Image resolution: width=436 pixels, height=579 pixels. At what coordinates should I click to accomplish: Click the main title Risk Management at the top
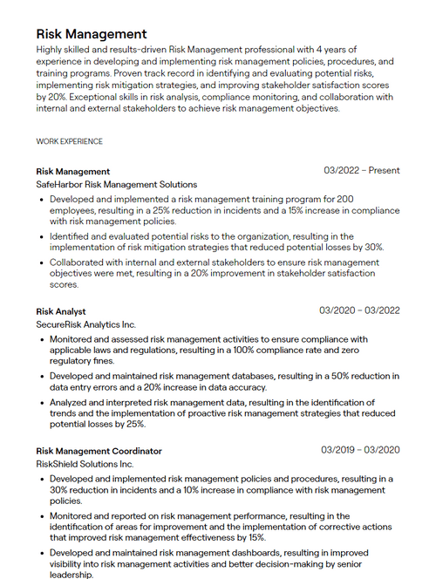(x=92, y=33)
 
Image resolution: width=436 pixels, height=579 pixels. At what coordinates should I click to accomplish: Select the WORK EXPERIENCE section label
(x=69, y=141)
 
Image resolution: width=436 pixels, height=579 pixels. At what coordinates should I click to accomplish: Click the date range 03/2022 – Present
(x=361, y=171)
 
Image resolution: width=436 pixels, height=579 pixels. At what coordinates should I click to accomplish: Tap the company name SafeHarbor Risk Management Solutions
(x=117, y=185)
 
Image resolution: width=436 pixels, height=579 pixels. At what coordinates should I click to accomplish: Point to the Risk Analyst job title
(x=61, y=311)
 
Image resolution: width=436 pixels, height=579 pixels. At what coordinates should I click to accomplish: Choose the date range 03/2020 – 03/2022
(x=359, y=310)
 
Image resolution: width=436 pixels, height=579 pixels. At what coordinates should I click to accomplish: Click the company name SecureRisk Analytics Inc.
(x=86, y=324)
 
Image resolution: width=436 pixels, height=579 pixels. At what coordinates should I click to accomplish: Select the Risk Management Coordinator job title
(x=99, y=451)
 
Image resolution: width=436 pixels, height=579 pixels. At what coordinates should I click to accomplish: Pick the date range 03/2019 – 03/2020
(x=360, y=450)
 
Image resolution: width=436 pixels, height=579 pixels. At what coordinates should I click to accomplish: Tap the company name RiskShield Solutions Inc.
(x=85, y=464)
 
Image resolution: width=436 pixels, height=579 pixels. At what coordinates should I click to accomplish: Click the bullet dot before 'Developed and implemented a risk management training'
(x=42, y=200)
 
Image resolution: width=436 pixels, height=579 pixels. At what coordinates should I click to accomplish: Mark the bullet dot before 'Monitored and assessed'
(x=42, y=340)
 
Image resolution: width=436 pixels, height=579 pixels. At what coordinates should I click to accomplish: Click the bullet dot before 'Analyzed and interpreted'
(x=42, y=403)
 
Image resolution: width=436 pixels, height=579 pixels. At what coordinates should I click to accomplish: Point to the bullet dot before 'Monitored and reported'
(x=42, y=516)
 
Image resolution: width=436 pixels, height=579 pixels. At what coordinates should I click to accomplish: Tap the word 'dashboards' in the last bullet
(x=254, y=553)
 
